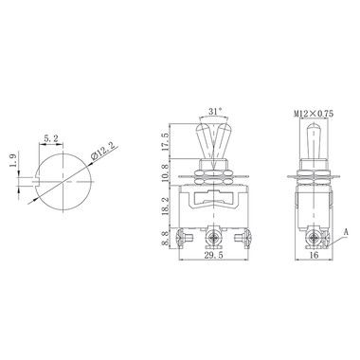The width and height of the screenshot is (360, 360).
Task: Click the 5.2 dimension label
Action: click(51, 138)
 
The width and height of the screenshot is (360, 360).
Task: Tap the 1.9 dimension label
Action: click(13, 161)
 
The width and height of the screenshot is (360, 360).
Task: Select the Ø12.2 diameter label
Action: click(104, 151)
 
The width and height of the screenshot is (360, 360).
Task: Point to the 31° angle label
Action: click(215, 111)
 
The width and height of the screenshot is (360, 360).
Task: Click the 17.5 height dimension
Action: click(165, 142)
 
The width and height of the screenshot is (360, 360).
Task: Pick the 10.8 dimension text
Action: click(165, 172)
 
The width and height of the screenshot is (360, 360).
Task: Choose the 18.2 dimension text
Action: click(165, 207)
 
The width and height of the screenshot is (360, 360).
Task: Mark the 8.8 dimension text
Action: click(165, 239)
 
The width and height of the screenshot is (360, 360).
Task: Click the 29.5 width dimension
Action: click(213, 255)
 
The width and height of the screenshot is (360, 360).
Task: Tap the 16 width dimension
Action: click(314, 255)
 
